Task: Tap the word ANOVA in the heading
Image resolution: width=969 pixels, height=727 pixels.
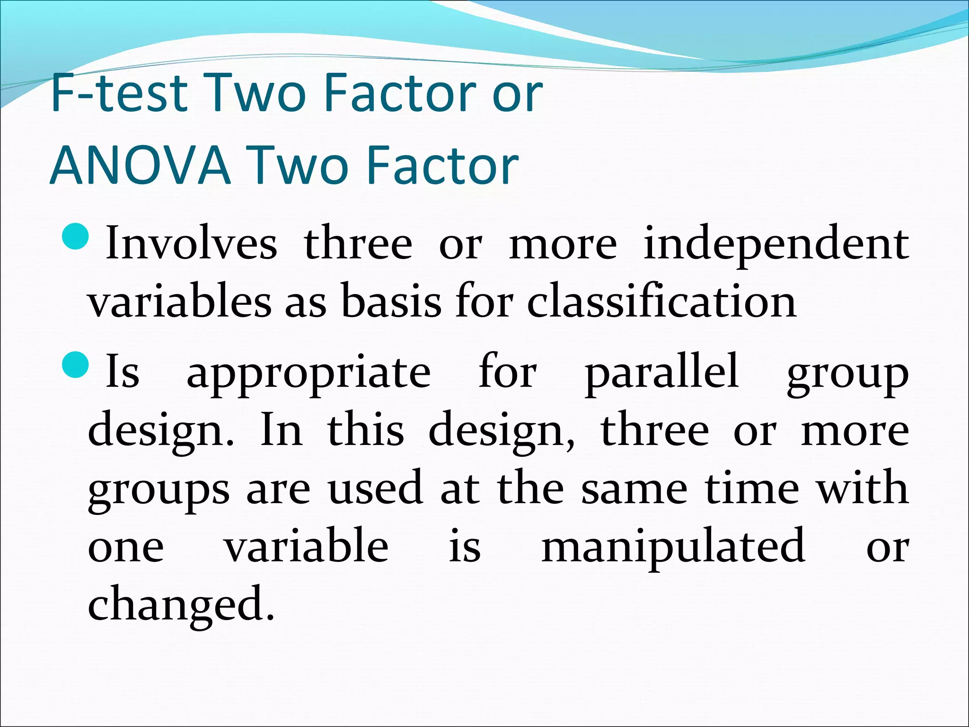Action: [140, 166]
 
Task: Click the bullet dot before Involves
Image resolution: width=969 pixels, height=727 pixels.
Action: [75, 236]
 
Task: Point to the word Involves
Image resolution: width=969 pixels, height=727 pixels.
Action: [191, 243]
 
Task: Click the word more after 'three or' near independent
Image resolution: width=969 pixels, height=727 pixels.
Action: [563, 244]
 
